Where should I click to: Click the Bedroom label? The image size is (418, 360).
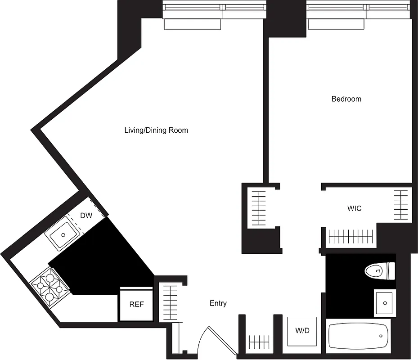point(346,99)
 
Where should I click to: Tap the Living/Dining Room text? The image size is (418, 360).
point(156,130)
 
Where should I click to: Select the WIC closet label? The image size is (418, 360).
point(354,209)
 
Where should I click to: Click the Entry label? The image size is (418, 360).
point(218,304)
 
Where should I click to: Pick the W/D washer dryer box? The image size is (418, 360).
point(302,331)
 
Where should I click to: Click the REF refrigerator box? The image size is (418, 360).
point(136,305)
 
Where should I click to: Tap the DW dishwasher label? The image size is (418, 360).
point(86,216)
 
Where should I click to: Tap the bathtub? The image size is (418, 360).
point(358,336)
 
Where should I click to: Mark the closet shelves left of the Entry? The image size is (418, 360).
point(169,301)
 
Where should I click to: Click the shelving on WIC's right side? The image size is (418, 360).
point(400,205)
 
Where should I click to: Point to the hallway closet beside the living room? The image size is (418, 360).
point(259,208)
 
